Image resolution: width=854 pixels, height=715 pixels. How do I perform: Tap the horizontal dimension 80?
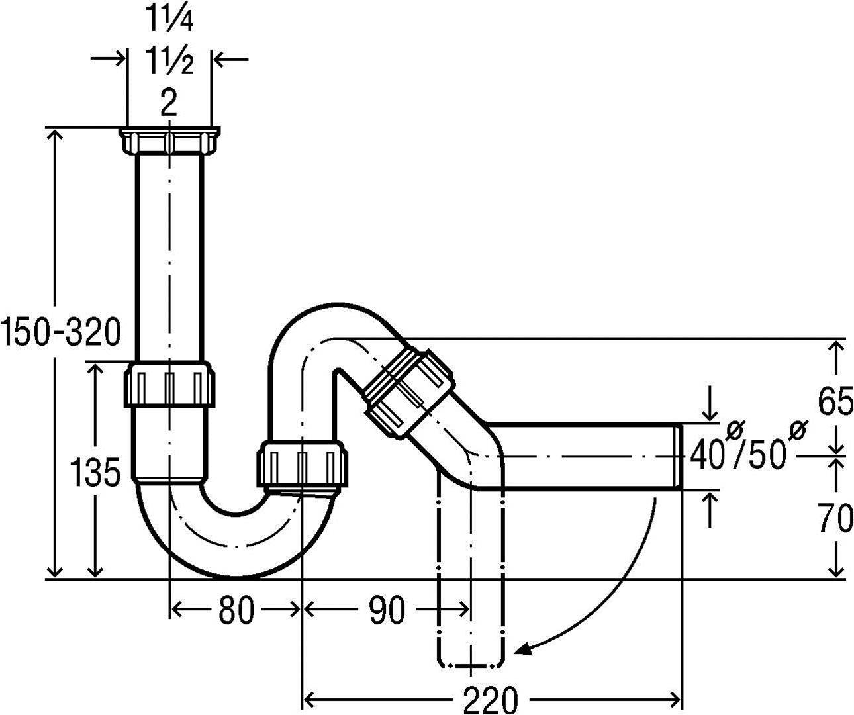click(x=236, y=610)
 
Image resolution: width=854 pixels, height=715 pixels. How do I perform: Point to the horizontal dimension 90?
click(x=387, y=610)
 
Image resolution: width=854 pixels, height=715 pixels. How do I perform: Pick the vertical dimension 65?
click(x=835, y=402)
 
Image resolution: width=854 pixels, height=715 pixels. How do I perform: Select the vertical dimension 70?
click(x=835, y=518)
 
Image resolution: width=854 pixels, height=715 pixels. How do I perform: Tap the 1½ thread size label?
click(x=169, y=62)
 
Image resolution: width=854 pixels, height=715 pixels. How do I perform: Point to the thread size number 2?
click(x=169, y=103)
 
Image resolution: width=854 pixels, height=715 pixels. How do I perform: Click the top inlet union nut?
click(x=169, y=141)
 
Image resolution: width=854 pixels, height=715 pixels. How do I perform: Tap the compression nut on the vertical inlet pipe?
click(x=169, y=384)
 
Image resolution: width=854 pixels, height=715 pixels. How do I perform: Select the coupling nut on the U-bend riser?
click(x=302, y=463)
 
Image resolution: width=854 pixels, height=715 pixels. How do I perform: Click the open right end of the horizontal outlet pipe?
click(x=678, y=457)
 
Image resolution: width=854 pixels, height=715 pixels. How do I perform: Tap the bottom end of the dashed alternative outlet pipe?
click(x=471, y=661)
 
